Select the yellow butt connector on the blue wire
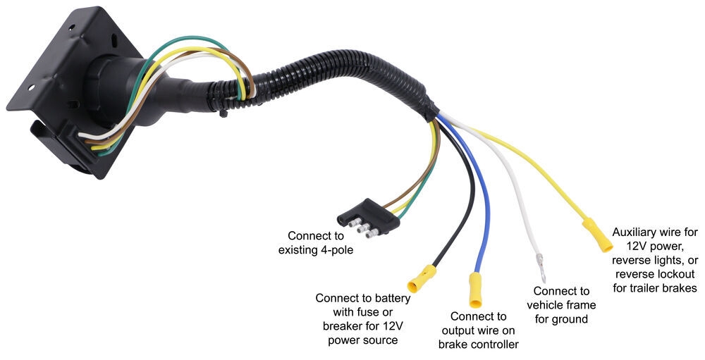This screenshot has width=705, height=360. (475, 290)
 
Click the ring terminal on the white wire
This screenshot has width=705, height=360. (541, 267)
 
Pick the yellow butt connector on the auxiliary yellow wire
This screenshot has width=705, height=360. (596, 235)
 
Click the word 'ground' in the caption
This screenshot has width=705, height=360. (570, 318)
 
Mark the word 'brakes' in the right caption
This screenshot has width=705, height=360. (681, 288)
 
